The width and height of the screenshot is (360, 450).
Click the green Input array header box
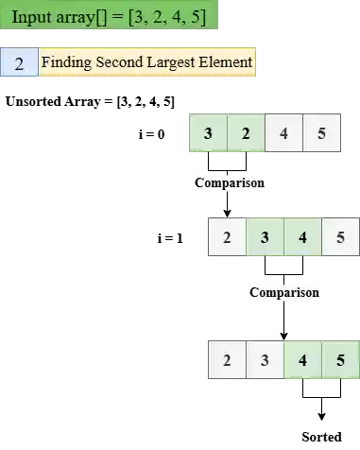tap(109, 16)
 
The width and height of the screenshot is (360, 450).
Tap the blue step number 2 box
tap(19, 63)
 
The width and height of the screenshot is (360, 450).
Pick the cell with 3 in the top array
tap(208, 133)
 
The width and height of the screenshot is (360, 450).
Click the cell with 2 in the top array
tap(246, 133)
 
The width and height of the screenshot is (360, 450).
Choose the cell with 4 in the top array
tap(283, 133)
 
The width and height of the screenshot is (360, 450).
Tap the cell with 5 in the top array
tap(321, 133)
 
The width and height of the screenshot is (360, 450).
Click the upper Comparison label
tap(228, 182)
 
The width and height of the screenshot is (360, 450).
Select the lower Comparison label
tap(283, 292)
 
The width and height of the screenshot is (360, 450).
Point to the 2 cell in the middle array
tap(227, 236)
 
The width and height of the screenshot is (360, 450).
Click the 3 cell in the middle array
tap(265, 236)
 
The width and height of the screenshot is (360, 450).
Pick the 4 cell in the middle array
tap(302, 236)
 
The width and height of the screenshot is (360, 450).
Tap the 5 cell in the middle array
tap(340, 236)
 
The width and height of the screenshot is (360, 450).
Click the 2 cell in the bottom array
tap(227, 360)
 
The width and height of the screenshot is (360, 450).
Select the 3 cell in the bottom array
tap(265, 360)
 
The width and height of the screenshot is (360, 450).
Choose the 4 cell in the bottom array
tap(302, 360)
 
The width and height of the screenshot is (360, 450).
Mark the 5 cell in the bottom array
tap(340, 360)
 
